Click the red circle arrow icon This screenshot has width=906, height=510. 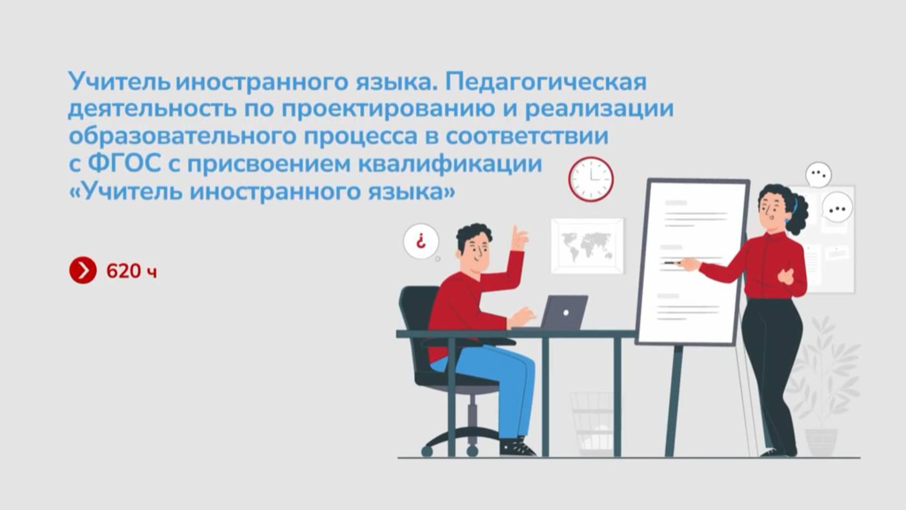pyautogui.click(x=83, y=270)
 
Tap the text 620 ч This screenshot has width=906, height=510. pyautogui.click(x=132, y=270)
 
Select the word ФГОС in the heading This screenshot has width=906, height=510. pyautogui.click(x=124, y=164)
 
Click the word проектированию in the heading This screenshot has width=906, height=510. pyautogui.click(x=387, y=109)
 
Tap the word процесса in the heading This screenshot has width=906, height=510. pyautogui.click(x=360, y=137)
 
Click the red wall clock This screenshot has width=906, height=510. pyautogui.click(x=591, y=179)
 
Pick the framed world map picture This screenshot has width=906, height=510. pyautogui.click(x=587, y=246)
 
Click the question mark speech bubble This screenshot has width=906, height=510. pyautogui.click(x=421, y=241)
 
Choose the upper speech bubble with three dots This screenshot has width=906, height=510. pyautogui.click(x=818, y=174)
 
